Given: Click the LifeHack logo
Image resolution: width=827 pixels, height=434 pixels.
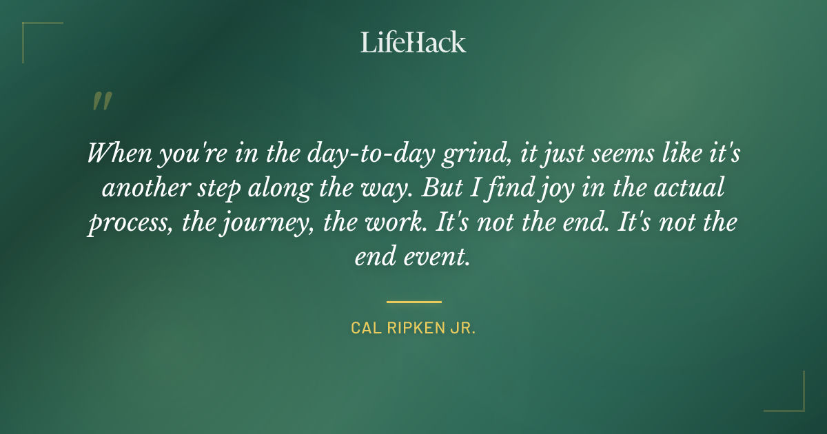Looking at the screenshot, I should point(413,43).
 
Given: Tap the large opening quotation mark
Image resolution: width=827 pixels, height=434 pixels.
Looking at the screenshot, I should point(101,102).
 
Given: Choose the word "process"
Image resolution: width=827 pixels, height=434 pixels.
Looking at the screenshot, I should point(127,224).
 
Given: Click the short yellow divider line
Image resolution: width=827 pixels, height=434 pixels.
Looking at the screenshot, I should point(413,302).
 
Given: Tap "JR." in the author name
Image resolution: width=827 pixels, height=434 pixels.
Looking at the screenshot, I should point(464,327).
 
